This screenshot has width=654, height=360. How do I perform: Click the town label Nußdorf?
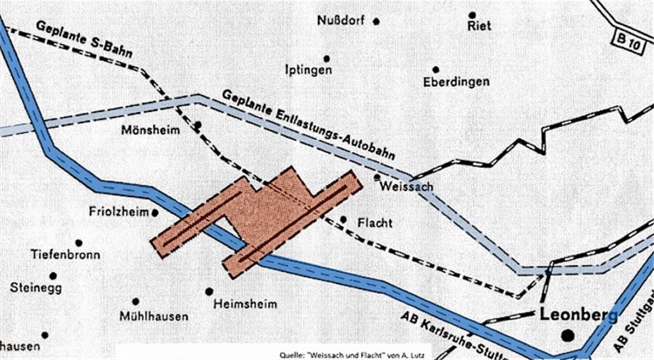click(340, 20)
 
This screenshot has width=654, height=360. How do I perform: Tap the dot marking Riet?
click(473, 15)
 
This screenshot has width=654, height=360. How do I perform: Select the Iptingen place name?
click(308, 70)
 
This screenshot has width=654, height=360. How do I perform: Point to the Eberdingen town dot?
click(436, 69)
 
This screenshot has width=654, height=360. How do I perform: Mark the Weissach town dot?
click(377, 177)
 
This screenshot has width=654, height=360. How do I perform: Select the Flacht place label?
click(375, 223)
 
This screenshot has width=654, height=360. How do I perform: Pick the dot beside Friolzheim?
click(155, 211)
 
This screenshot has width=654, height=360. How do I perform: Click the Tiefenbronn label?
click(66, 255)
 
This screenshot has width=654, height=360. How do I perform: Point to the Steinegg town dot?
click(53, 276)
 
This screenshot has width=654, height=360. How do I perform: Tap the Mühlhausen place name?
click(154, 316)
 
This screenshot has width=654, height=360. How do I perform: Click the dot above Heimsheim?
click(209, 291)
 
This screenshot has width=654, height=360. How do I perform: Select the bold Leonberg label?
click(579, 315)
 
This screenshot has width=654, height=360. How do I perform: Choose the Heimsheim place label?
click(246, 303)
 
